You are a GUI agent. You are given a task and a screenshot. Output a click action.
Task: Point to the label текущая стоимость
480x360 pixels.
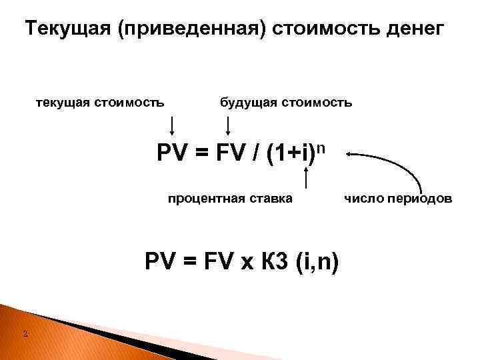pyautogui.click(x=100, y=103)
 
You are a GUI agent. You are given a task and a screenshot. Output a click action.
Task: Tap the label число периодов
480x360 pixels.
pyautogui.click(x=399, y=198)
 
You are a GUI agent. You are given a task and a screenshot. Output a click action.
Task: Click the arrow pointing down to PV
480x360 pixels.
pyautogui.click(x=173, y=125)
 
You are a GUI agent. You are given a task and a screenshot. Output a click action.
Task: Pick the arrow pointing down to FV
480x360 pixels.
pyautogui.click(x=229, y=125)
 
